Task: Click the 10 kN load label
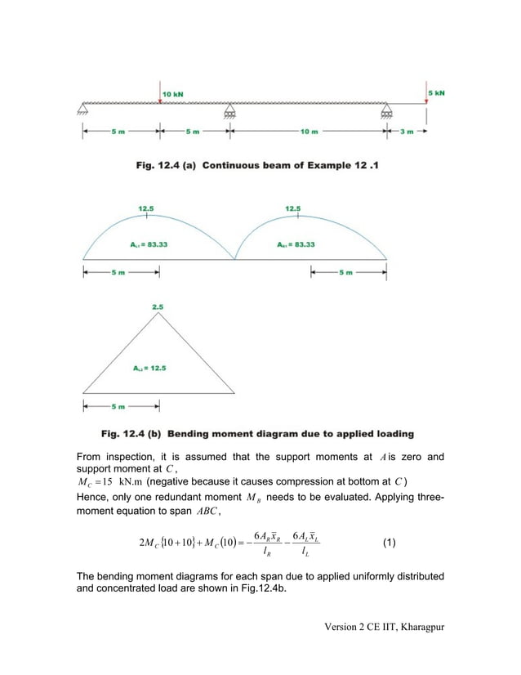tap(172, 94)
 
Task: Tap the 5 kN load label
tap(437, 94)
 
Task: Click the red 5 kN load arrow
tap(425, 96)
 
